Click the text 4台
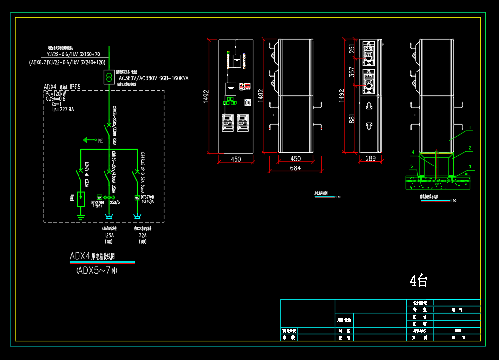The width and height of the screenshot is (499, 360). pos(419,280)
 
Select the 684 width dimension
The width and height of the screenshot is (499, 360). pos(295,167)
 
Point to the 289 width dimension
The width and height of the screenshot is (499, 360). pos(370,159)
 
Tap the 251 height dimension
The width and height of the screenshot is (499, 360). pos(352,49)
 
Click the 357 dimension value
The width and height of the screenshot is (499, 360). pos(352,72)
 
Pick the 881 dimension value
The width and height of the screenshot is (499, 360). pos(352,119)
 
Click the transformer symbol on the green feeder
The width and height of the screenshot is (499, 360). pos(109,77)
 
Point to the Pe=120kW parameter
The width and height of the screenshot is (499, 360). pos(55,93)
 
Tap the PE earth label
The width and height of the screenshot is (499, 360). pos(100,141)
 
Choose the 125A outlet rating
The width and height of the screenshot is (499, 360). pos(108,235)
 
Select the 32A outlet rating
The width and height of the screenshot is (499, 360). pos(142,235)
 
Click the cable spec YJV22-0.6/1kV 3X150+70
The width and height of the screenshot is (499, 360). pos(73,54)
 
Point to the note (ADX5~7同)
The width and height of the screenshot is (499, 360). pos(97,270)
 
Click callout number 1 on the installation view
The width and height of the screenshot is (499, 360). pos(470,127)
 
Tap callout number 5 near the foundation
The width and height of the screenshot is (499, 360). pos(411,166)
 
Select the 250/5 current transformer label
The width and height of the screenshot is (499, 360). pos(115,202)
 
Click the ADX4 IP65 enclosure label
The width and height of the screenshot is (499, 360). pos(62,87)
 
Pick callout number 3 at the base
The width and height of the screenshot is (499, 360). pos(470,166)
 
